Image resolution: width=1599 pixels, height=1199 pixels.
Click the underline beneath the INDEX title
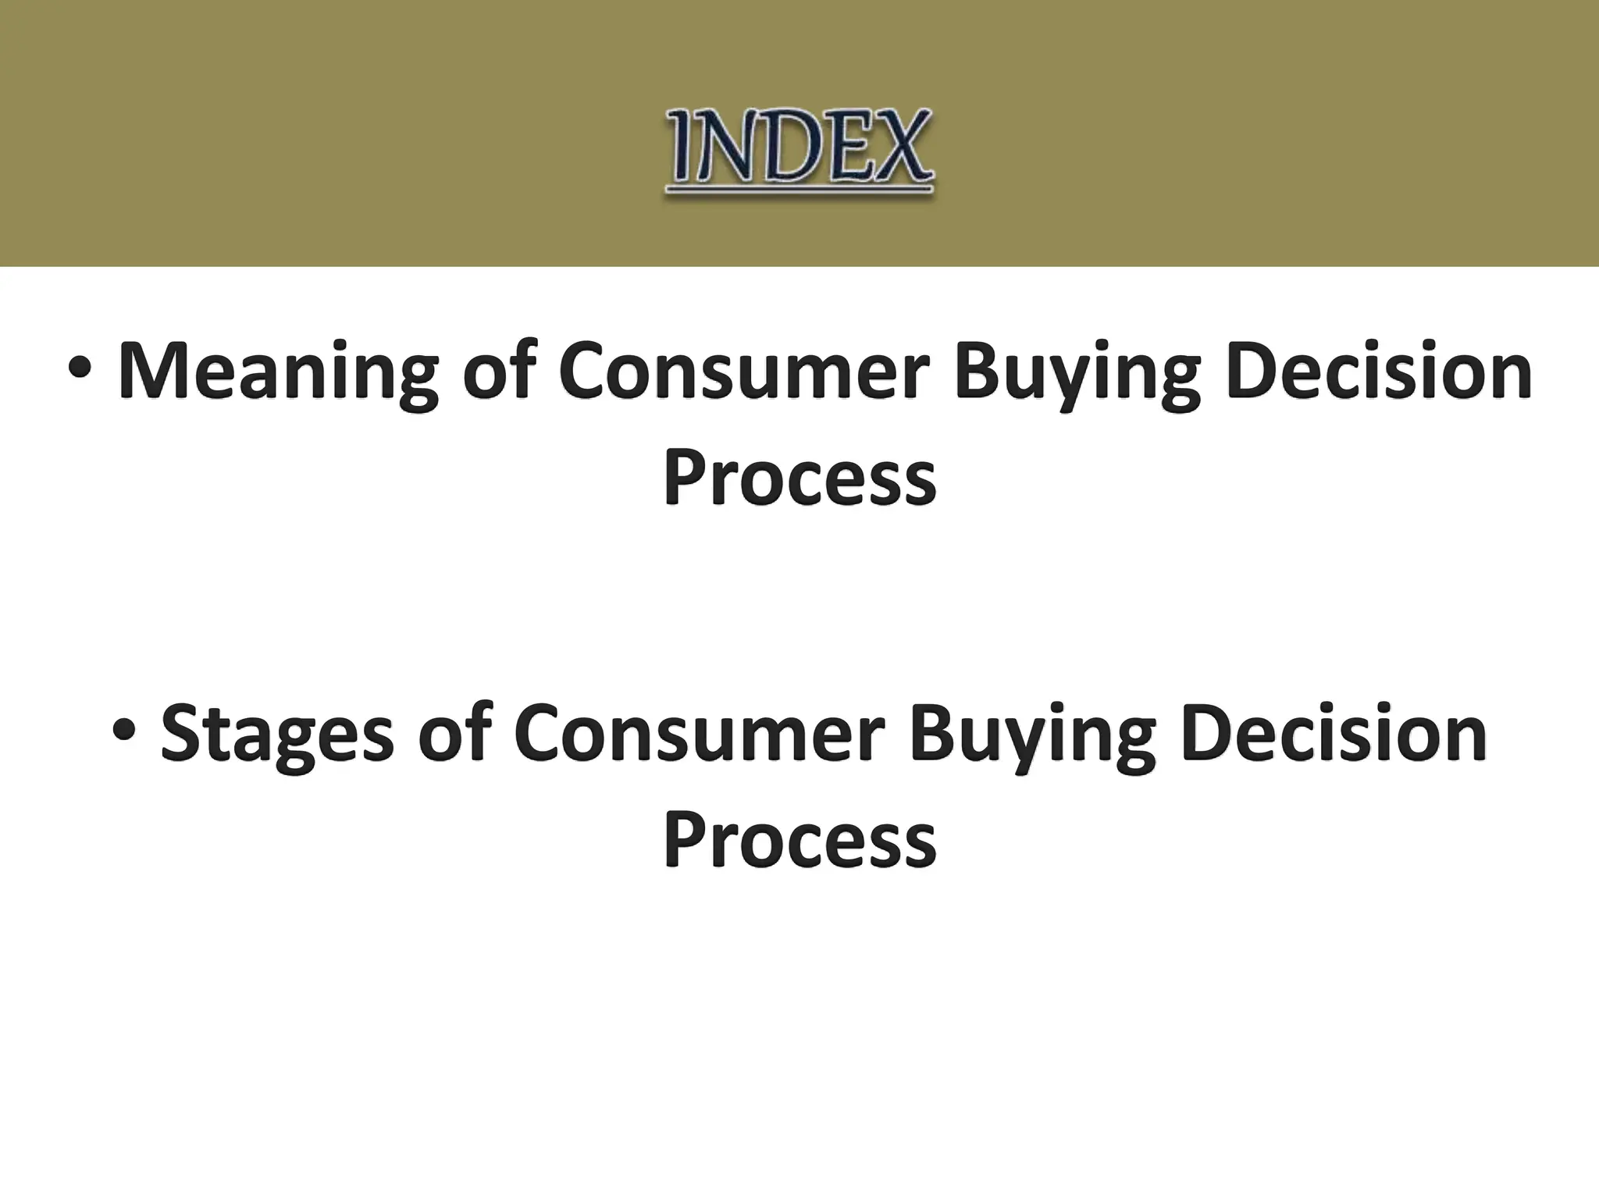tap(799, 188)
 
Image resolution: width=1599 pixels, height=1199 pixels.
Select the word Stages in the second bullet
tap(277, 734)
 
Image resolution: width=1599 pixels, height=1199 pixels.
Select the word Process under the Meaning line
tap(799, 476)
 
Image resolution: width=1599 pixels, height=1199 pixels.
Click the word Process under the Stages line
tap(799, 838)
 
